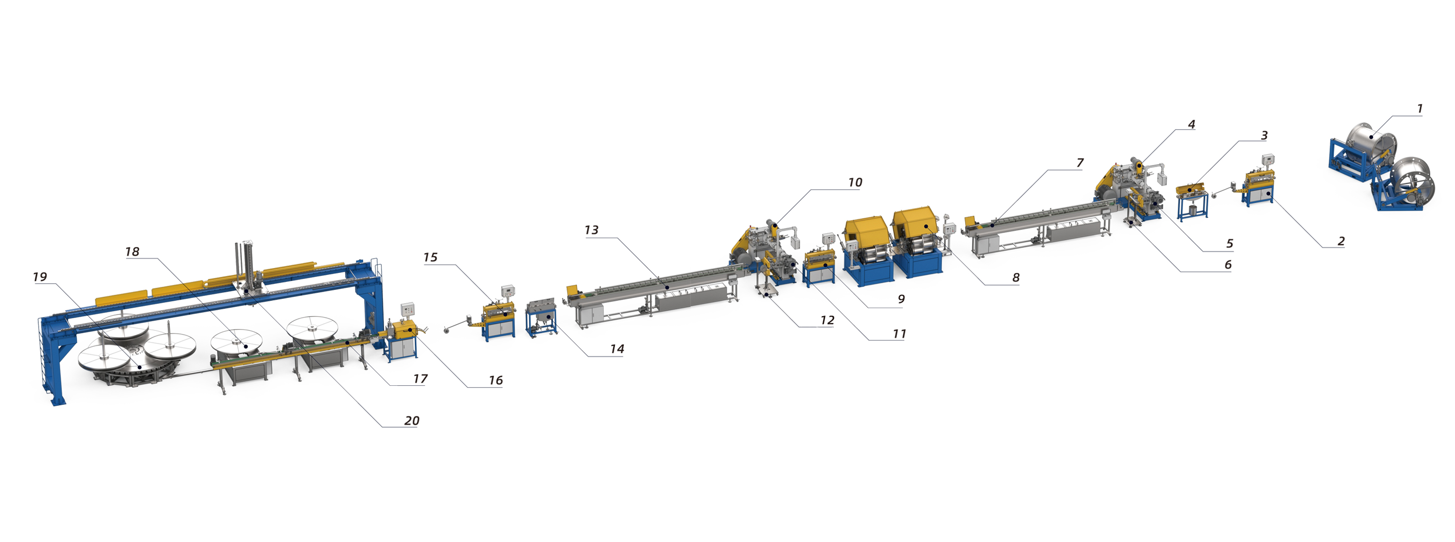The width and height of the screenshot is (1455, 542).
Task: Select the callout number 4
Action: click(1191, 124)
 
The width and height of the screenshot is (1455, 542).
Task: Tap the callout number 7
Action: click(1080, 163)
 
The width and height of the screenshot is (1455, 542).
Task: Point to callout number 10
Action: click(855, 183)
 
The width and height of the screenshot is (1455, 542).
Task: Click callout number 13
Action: click(591, 230)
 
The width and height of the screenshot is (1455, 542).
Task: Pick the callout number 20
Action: click(411, 421)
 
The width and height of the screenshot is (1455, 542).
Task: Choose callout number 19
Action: click(40, 277)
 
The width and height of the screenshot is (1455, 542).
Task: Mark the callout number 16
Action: click(495, 380)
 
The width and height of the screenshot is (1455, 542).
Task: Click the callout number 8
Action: click(1016, 278)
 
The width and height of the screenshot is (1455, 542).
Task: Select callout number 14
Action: click(617, 349)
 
